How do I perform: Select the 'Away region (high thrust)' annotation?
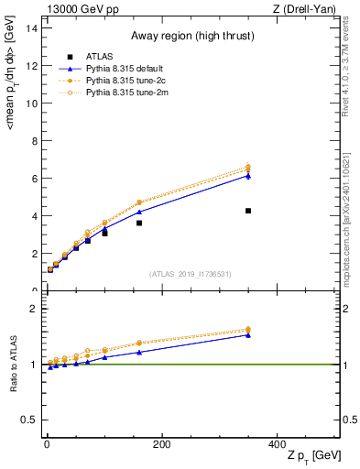pyautogui.click(x=191, y=37)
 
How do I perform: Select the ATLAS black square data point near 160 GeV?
pyautogui.click(x=139, y=223)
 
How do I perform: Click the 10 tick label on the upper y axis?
pyautogui.click(x=32, y=103)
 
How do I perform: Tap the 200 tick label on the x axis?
pyautogui.click(x=161, y=444)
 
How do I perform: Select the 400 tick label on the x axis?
pyautogui.click(x=277, y=444)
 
